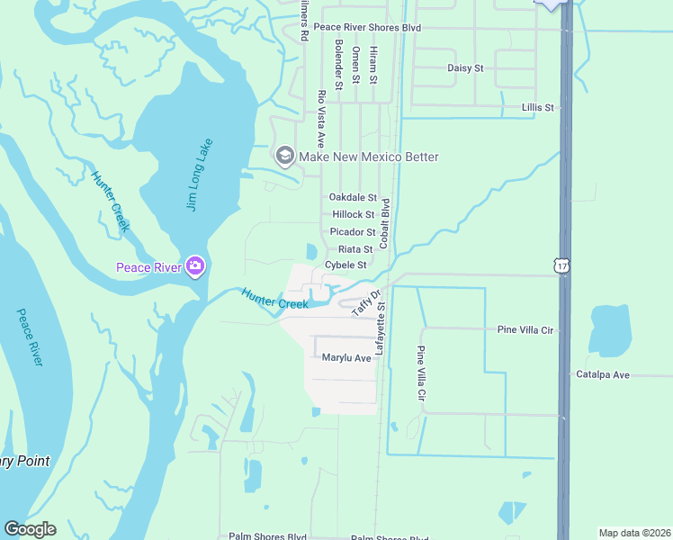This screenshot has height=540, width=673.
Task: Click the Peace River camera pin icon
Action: tap(195, 266)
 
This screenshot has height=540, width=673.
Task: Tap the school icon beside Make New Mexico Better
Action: tap(285, 157)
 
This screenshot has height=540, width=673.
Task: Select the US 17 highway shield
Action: tap(561, 265)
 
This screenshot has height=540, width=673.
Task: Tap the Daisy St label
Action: tap(465, 67)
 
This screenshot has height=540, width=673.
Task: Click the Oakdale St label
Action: tap(353, 197)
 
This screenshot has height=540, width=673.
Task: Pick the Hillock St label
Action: tap(353, 214)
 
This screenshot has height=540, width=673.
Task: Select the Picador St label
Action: tap(352, 232)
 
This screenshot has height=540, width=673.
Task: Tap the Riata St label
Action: tap(355, 249)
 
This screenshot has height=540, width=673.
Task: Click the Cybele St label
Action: tap(345, 265)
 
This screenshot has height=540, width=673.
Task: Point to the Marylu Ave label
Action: tap(346, 358)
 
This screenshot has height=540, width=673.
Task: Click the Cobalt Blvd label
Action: tap(384, 223)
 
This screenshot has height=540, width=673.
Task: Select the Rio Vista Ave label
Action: tap(320, 119)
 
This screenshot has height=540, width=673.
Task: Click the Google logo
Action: tap(30, 529)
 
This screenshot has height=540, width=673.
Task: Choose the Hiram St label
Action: tap(373, 66)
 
